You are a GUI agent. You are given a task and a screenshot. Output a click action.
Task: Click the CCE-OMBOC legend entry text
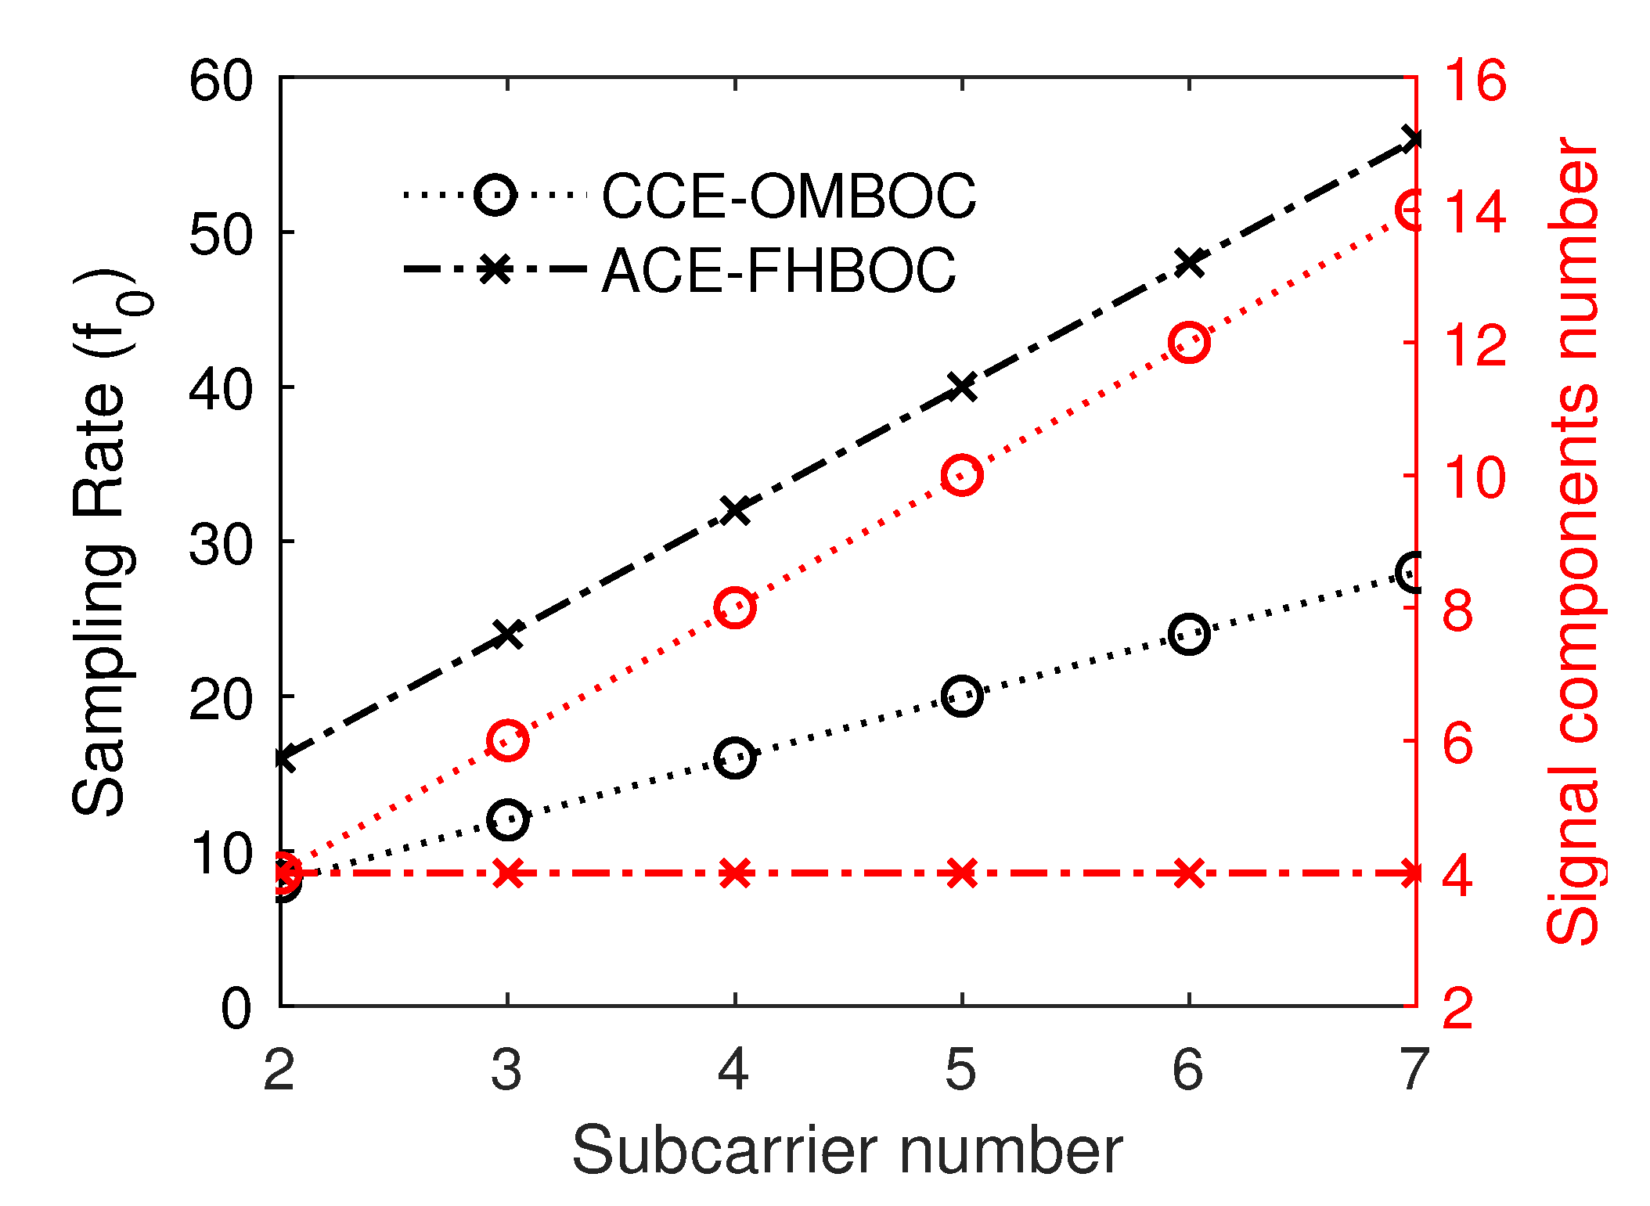click(x=788, y=196)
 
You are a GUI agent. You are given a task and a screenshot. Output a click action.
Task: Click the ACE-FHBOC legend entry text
click(x=778, y=271)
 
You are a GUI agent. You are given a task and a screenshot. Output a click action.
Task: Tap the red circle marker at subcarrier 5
click(x=961, y=475)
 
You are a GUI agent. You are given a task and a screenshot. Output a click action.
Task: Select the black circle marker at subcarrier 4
click(x=734, y=758)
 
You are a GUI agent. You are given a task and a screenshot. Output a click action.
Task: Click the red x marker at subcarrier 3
click(x=508, y=873)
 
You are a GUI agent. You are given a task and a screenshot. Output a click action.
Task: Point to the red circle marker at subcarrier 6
click(x=1189, y=342)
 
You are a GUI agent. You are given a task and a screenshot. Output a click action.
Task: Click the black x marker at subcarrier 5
click(x=961, y=387)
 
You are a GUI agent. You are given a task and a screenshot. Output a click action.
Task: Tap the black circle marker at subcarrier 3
click(x=508, y=819)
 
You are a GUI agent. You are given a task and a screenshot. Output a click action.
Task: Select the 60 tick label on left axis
click(x=221, y=80)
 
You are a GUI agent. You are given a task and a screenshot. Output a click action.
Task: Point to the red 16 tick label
click(x=1474, y=80)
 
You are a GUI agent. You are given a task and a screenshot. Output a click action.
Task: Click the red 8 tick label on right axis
click(x=1457, y=610)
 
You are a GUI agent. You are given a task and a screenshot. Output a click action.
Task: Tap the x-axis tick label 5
click(x=960, y=1069)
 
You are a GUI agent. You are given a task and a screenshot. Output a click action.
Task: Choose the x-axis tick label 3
click(x=506, y=1069)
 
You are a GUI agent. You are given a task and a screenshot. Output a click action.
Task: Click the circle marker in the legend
click(x=495, y=194)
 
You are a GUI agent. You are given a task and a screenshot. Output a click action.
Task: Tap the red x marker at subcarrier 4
click(x=734, y=873)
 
